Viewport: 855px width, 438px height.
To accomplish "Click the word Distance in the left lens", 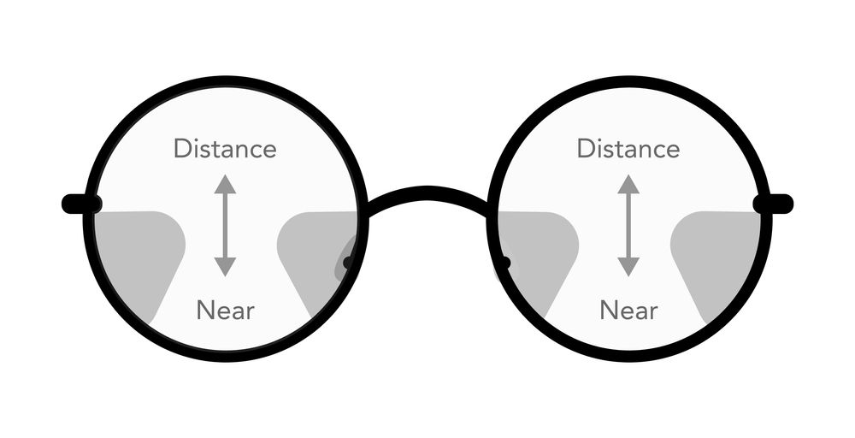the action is click(x=225, y=149).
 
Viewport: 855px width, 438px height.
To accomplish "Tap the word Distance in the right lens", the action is click(x=628, y=149).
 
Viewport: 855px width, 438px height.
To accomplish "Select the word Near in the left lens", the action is click(x=225, y=311).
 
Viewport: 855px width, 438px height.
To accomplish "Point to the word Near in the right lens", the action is click(x=628, y=311).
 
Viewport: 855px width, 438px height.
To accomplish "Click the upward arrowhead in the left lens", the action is click(x=225, y=185).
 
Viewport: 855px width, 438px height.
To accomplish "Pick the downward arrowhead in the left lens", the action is click(x=225, y=267).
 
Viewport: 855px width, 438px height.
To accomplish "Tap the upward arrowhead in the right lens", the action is click(x=628, y=185).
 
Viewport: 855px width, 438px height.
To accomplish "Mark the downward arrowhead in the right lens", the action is click(x=628, y=267).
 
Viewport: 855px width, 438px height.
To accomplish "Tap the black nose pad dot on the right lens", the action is click(x=505, y=263).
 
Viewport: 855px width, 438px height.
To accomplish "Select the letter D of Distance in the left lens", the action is click(x=183, y=149).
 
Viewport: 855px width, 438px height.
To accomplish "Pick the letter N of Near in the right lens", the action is click(x=609, y=311).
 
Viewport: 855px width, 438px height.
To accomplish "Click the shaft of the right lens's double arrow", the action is click(x=628, y=225).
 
